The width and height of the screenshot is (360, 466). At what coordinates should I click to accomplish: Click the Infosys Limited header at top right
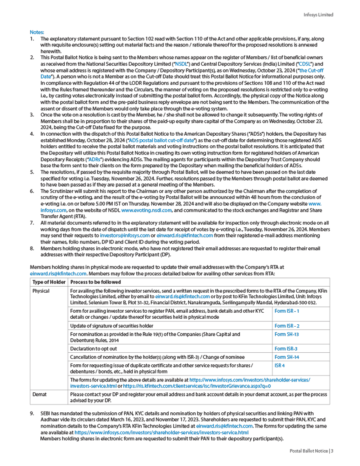coord(318,15)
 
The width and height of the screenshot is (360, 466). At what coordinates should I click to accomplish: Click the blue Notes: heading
coord(37,32)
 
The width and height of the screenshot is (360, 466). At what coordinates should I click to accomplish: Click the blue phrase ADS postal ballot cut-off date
coord(162,140)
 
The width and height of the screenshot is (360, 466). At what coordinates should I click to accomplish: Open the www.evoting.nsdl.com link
coord(146,210)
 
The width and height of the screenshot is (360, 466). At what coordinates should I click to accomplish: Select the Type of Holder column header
coord(49,282)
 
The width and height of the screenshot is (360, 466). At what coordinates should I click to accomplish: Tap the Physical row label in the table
coord(41,291)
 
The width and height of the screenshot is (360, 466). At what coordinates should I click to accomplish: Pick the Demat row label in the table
coord(40,394)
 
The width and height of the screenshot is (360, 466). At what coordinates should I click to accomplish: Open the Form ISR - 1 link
coord(287,311)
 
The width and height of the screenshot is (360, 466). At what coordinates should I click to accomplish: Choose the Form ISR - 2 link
coord(287,326)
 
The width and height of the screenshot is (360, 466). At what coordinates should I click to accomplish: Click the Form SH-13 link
coord(287,334)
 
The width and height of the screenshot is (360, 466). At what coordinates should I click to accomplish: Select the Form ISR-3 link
coord(286,349)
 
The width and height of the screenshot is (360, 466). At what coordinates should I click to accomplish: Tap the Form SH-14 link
coord(287,357)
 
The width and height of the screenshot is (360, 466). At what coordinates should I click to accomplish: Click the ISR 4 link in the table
coord(280,366)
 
